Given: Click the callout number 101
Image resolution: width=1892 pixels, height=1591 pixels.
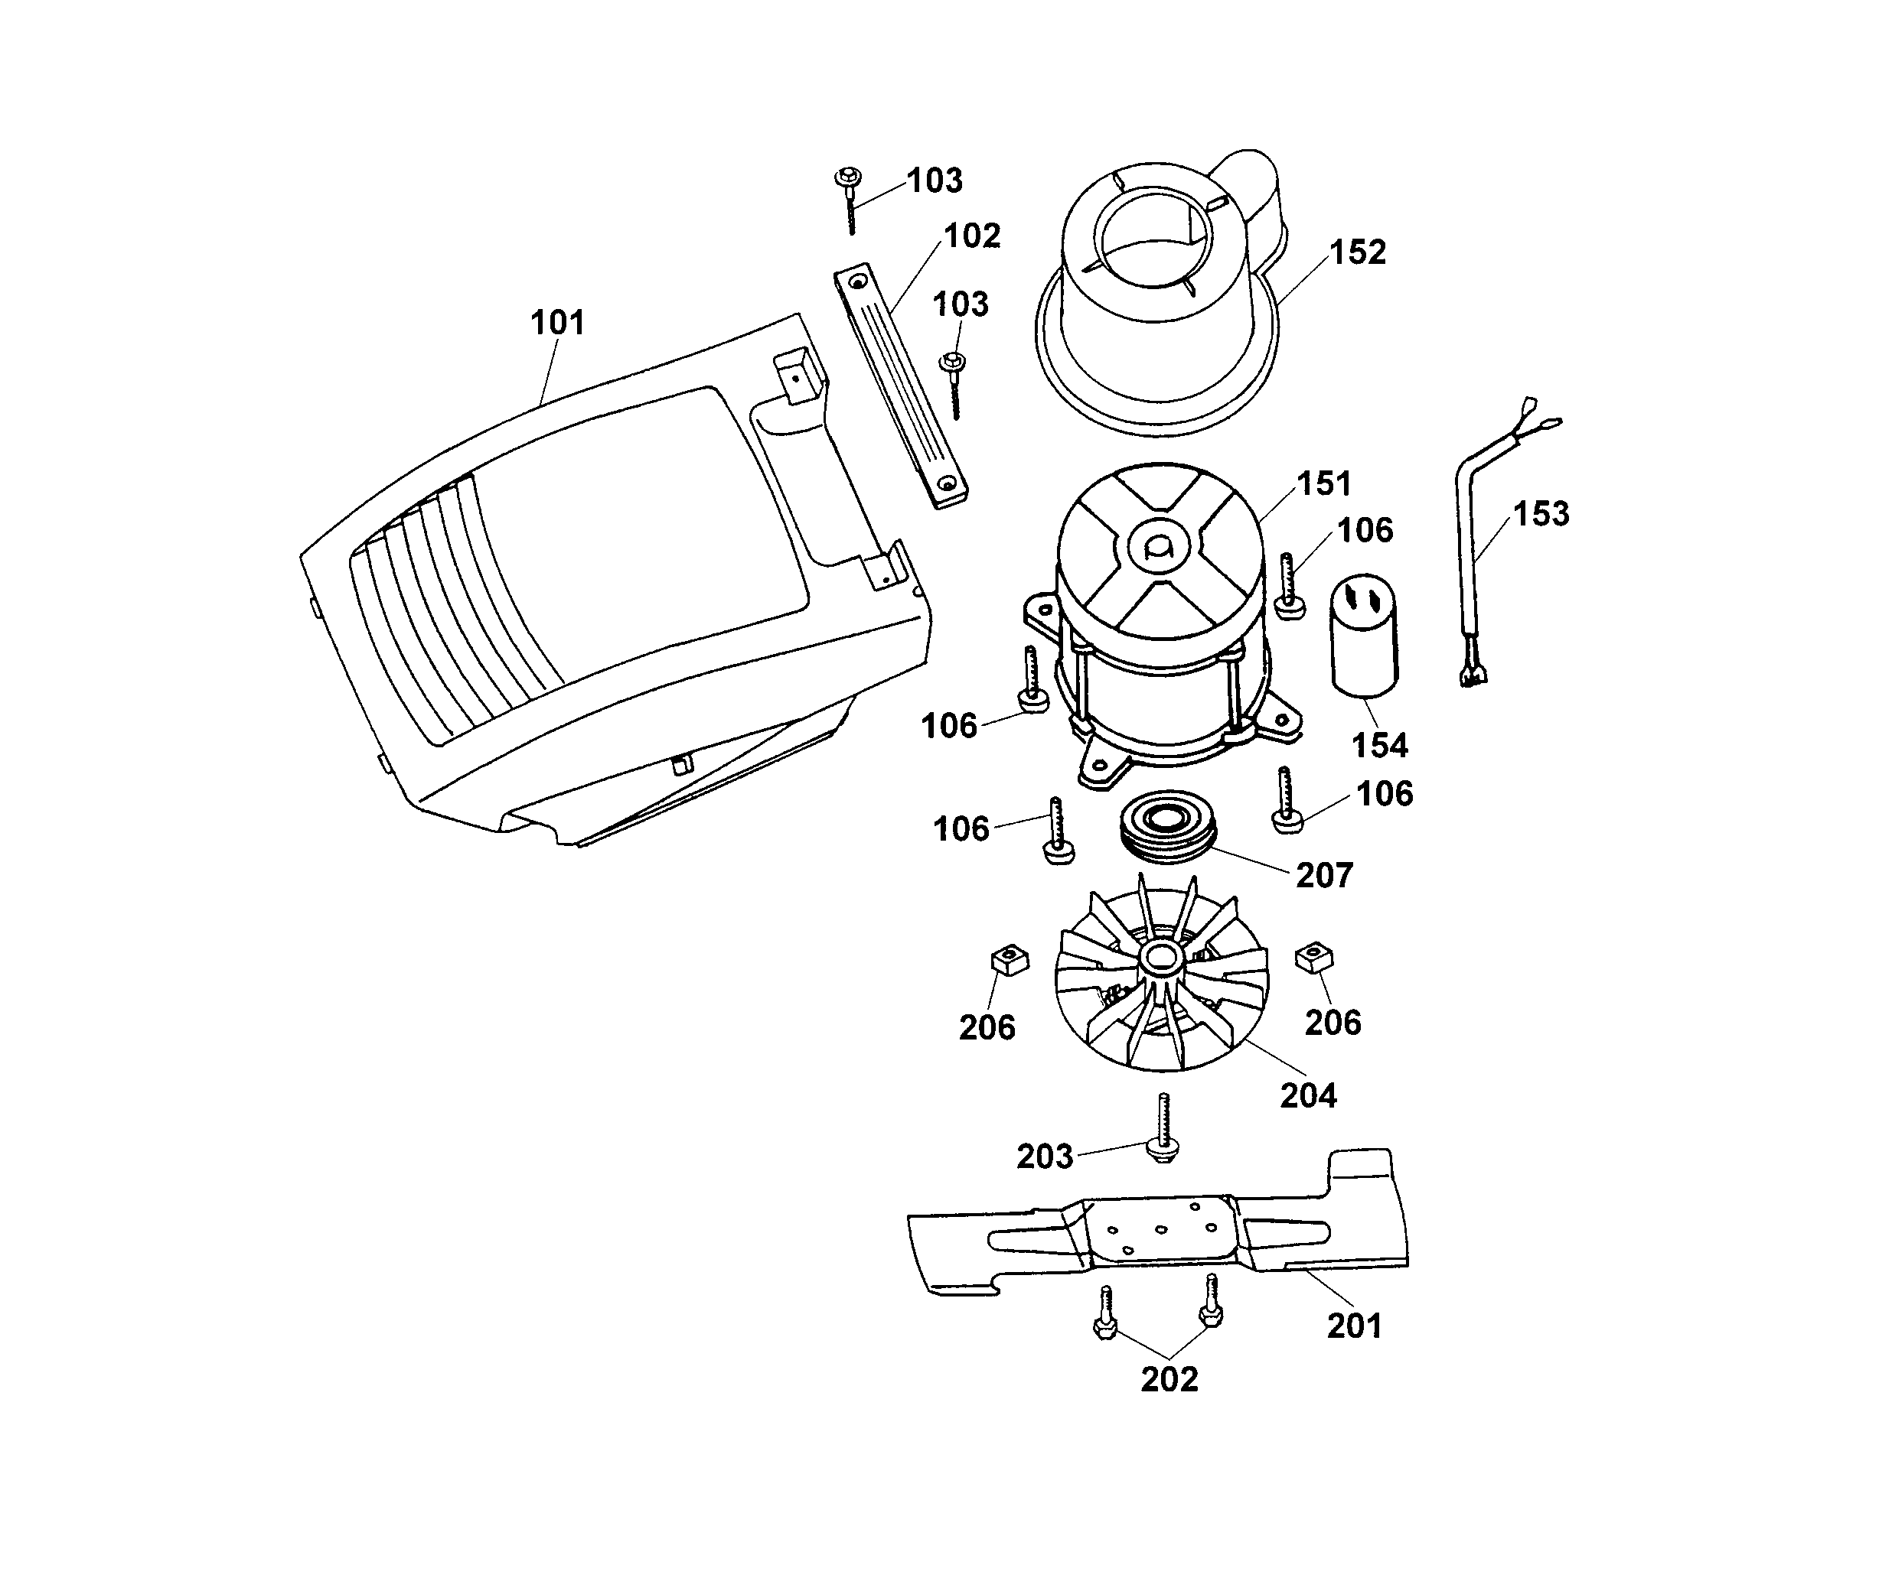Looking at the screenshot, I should (x=556, y=322).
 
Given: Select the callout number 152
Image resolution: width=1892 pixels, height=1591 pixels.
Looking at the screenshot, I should (x=1357, y=252).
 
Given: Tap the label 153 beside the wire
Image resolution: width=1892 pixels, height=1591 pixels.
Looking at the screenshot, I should (x=1541, y=513).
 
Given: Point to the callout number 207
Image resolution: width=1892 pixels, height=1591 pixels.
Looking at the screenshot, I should (x=1323, y=875).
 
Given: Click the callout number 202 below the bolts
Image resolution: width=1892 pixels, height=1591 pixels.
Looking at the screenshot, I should (x=1169, y=1379).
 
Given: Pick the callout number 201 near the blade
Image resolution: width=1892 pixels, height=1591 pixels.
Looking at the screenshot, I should (x=1353, y=1326).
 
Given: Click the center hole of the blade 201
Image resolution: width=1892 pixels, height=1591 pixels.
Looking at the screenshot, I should (x=1162, y=1229).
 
